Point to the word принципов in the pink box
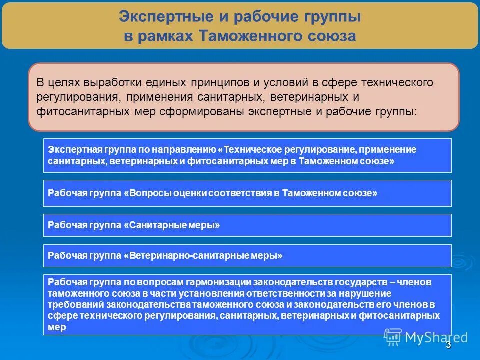point(224,82)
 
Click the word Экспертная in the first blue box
point(75,149)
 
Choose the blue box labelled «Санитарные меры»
point(247,225)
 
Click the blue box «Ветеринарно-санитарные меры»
point(247,256)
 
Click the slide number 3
point(448,345)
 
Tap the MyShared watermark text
point(436,337)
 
